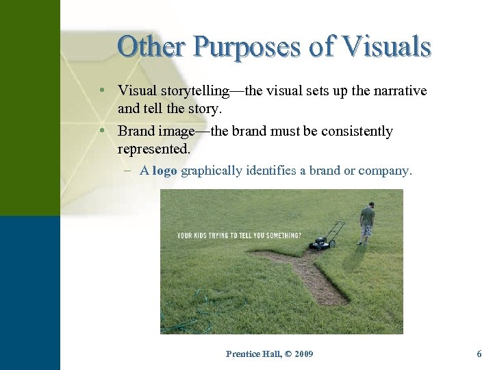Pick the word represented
153,148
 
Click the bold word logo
164,171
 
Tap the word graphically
212,171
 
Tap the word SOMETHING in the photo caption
281,235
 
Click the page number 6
479,354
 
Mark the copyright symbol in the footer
288,354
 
